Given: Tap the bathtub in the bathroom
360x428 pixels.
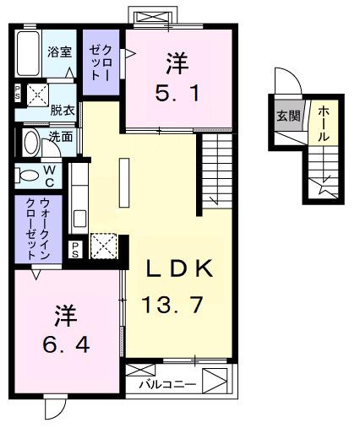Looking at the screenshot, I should point(30,55).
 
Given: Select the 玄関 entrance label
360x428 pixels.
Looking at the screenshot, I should point(284,116).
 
